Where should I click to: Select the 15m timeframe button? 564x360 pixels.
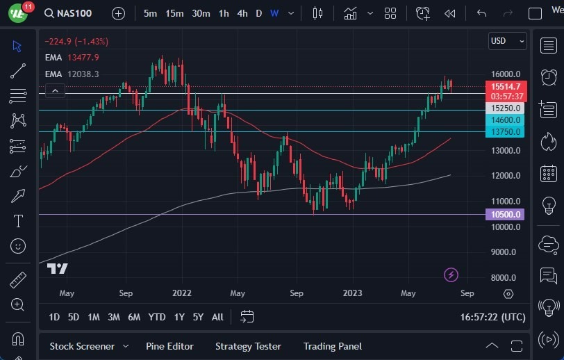pyautogui.click(x=174, y=13)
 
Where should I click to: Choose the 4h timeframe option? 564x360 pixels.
pyautogui.click(x=242, y=13)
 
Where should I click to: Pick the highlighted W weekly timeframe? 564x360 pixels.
pyautogui.click(x=274, y=13)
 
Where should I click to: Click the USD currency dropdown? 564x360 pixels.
pyautogui.click(x=506, y=41)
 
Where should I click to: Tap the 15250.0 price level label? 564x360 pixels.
pyautogui.click(x=506, y=108)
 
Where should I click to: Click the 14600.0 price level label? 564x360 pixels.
pyautogui.click(x=506, y=120)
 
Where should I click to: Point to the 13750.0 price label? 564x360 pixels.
pyautogui.click(x=506, y=131)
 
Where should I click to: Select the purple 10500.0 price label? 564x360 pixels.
pyautogui.click(x=506, y=215)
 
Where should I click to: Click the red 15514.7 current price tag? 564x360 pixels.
pyautogui.click(x=506, y=87)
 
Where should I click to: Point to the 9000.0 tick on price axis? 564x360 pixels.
pyautogui.click(x=505, y=252)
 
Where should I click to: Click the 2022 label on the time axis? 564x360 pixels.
pyautogui.click(x=181, y=293)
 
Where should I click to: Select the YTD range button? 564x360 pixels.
pyautogui.click(x=157, y=317)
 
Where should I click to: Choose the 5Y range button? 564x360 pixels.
pyautogui.click(x=198, y=317)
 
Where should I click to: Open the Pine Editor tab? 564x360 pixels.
pyautogui.click(x=169, y=346)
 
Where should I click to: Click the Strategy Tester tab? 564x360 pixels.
pyautogui.click(x=248, y=346)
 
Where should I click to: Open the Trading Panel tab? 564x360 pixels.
pyautogui.click(x=333, y=346)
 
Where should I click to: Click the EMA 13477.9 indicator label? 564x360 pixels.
pyautogui.click(x=72, y=58)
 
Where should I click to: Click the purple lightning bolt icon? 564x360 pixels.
pyautogui.click(x=451, y=275)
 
